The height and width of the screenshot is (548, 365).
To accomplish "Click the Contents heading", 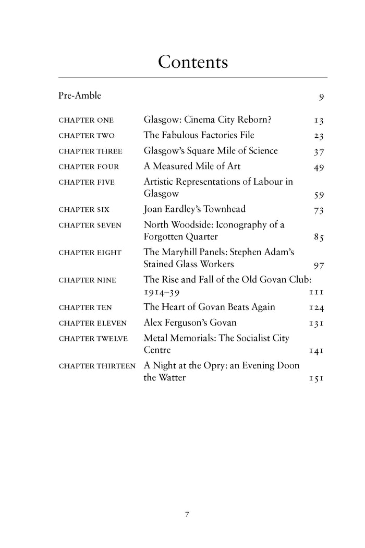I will pos(193,62).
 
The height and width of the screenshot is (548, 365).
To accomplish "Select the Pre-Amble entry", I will pos(80,96).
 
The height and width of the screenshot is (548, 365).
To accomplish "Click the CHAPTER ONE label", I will pos(87,121).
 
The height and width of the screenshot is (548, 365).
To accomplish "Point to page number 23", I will pos(319,136).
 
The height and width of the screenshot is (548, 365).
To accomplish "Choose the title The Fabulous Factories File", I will pos(199,135).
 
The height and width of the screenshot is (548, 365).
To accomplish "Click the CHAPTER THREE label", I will pos(90,151).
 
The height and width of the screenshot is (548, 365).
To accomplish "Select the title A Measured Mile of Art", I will pos(192,166).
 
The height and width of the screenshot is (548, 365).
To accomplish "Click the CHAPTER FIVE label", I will pos(87,182).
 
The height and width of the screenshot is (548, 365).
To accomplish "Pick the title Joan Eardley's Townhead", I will pos(194,209).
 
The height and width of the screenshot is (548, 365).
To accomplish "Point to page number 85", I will pos(319,237).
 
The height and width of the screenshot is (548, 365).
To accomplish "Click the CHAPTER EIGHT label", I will pos(90,253).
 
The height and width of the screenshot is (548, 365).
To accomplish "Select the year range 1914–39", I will pos(165,292).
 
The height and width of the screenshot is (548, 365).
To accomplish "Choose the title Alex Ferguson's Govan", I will pos(190,323).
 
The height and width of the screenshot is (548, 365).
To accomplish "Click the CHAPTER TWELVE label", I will pos(93,339).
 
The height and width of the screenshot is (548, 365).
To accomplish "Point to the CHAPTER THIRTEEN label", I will pos(98,366).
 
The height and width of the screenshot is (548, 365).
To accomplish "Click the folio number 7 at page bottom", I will pos(187,515).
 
